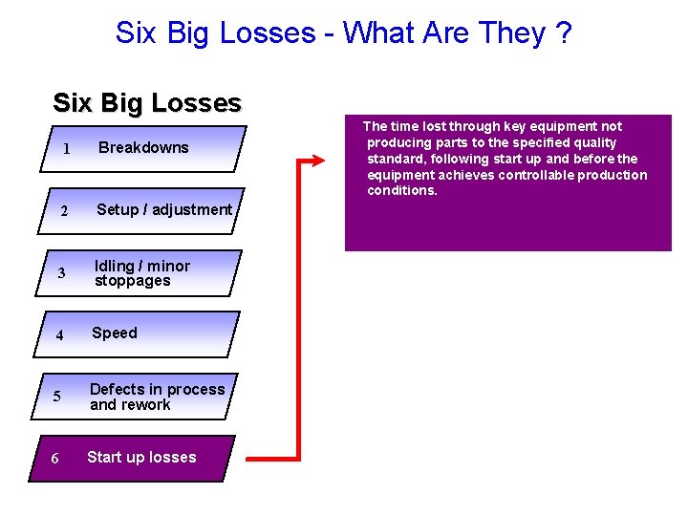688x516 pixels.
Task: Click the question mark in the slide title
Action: pyautogui.click(x=564, y=32)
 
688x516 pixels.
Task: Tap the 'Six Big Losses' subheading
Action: pyautogui.click(x=147, y=103)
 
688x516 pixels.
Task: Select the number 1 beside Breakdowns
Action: pyautogui.click(x=66, y=149)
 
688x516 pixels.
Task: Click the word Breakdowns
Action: pyautogui.click(x=143, y=147)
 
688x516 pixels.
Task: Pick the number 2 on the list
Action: pyautogui.click(x=63, y=211)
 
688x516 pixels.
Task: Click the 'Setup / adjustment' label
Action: pyautogui.click(x=164, y=209)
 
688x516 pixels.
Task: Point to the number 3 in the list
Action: pyautogui.click(x=61, y=274)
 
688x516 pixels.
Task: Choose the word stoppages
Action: pyautogui.click(x=132, y=281)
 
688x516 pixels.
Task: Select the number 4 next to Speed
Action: pyautogui.click(x=59, y=335)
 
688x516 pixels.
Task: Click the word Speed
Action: pyautogui.click(x=115, y=333)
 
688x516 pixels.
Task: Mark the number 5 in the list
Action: pyautogui.click(x=57, y=398)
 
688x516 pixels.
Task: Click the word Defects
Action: pyautogui.click(x=117, y=389)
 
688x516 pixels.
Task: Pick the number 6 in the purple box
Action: pyautogui.click(x=54, y=459)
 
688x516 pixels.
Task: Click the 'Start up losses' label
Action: pyautogui.click(x=141, y=457)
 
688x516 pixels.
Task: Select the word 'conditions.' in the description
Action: pyautogui.click(x=402, y=191)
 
